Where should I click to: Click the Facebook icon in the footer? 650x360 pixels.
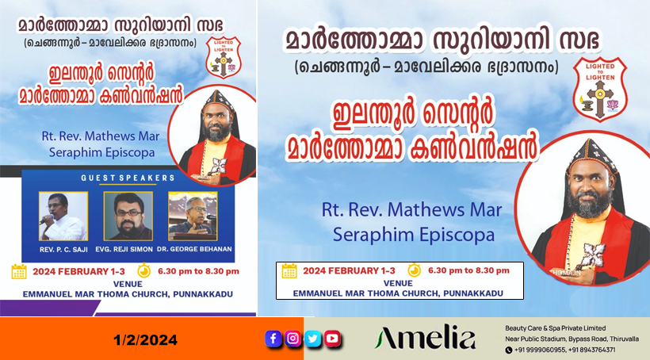(x=273, y=339)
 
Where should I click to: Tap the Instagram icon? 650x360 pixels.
(x=292, y=339)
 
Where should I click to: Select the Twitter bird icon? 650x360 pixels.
(x=312, y=339)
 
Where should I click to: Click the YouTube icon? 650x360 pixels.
(x=332, y=339)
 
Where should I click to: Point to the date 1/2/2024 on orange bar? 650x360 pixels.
(x=145, y=340)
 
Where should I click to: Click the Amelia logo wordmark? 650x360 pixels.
(x=426, y=337)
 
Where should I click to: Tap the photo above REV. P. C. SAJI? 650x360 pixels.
(x=63, y=216)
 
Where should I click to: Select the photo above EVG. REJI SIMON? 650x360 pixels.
(x=128, y=216)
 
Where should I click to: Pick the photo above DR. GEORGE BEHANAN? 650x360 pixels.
(x=193, y=216)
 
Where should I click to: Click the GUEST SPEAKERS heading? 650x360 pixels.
(x=128, y=178)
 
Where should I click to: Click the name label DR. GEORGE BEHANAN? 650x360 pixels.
(x=194, y=249)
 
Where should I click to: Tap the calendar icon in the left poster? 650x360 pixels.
(x=19, y=271)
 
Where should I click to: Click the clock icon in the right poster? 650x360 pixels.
(x=414, y=270)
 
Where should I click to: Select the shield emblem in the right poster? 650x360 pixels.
(x=600, y=89)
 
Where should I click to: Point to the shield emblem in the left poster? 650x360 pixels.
(x=224, y=57)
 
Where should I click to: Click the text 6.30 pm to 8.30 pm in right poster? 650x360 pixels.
(x=468, y=270)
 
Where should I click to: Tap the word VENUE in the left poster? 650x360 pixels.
(x=128, y=284)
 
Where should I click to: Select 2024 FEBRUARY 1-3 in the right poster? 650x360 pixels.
(x=349, y=271)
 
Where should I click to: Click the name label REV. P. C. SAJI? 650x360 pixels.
(x=63, y=250)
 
